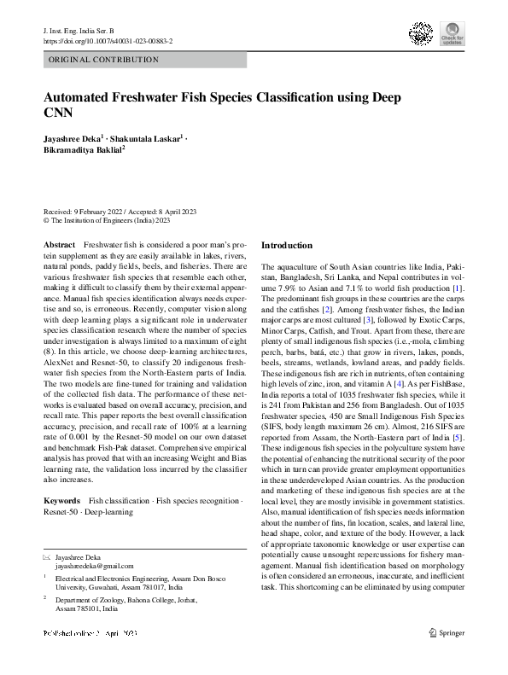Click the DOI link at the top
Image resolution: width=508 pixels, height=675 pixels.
(107, 40)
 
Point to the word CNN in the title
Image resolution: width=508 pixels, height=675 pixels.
(57, 112)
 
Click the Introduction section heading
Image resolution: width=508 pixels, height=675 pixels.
(286, 246)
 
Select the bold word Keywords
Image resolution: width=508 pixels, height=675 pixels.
(61, 499)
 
